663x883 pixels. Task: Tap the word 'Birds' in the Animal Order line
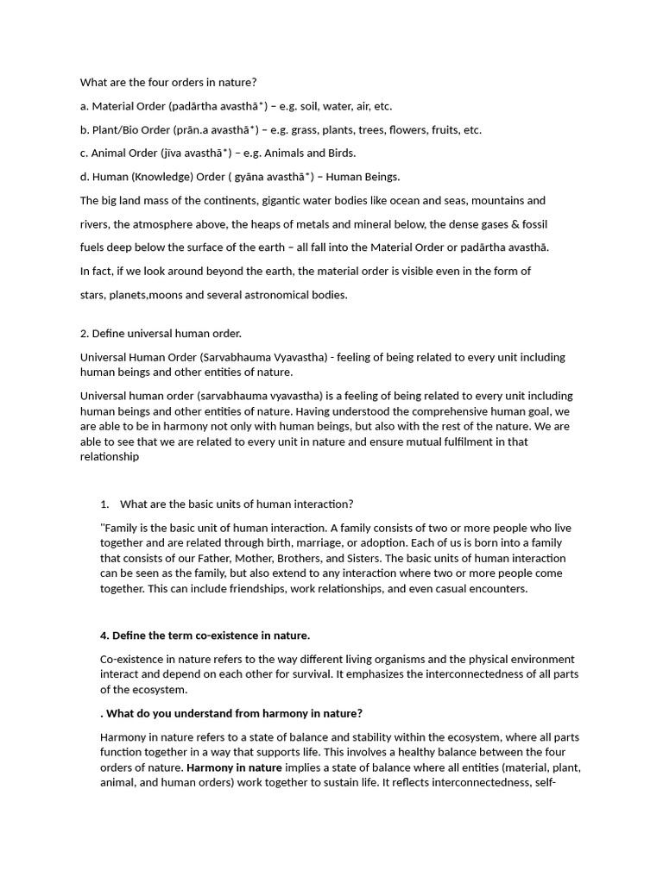(x=340, y=153)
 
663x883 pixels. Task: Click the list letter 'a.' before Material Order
(x=85, y=106)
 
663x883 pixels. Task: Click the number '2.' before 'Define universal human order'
(x=85, y=333)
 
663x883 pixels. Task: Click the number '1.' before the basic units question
(x=105, y=504)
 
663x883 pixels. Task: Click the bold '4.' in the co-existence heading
(x=104, y=636)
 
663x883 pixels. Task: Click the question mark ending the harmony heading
(x=359, y=713)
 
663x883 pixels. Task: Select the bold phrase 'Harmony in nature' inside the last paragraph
(x=234, y=767)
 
